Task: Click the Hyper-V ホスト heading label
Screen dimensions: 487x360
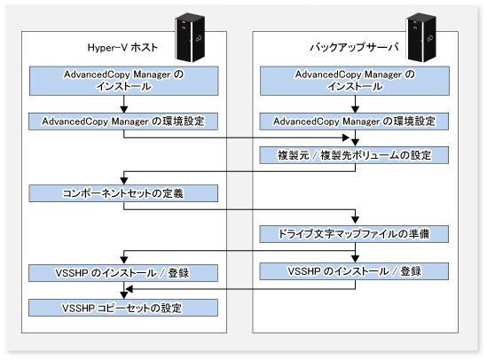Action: (x=122, y=48)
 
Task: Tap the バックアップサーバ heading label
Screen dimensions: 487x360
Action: (x=354, y=47)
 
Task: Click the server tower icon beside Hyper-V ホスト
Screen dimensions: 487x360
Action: (x=190, y=37)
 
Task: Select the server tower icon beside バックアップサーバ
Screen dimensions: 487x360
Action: (x=421, y=37)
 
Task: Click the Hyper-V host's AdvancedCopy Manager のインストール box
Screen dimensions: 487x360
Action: (x=124, y=81)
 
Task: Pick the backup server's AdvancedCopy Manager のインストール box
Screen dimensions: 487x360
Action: (x=355, y=81)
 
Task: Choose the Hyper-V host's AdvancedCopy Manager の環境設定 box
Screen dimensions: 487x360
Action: (x=123, y=121)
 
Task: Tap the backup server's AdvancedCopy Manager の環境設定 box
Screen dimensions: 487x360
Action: (x=354, y=121)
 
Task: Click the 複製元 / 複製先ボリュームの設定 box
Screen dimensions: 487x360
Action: (x=354, y=155)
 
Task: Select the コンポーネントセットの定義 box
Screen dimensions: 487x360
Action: (x=123, y=193)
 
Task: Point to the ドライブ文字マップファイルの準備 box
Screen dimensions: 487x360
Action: (x=354, y=234)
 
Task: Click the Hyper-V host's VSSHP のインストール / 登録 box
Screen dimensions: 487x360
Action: (x=123, y=273)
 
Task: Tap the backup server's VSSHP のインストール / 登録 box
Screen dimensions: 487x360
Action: (x=354, y=271)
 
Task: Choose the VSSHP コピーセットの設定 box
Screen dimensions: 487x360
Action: (x=123, y=308)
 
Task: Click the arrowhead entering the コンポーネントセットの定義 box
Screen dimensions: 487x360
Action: (x=124, y=181)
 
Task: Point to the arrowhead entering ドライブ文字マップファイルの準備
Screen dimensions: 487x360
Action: (x=355, y=220)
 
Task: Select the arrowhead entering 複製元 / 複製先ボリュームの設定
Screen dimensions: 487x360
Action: (x=355, y=142)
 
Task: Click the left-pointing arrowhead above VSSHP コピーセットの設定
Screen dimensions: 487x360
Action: (x=130, y=289)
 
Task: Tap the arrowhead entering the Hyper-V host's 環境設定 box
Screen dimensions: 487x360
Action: (x=124, y=109)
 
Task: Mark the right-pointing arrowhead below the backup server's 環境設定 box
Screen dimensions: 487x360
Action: (x=346, y=137)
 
